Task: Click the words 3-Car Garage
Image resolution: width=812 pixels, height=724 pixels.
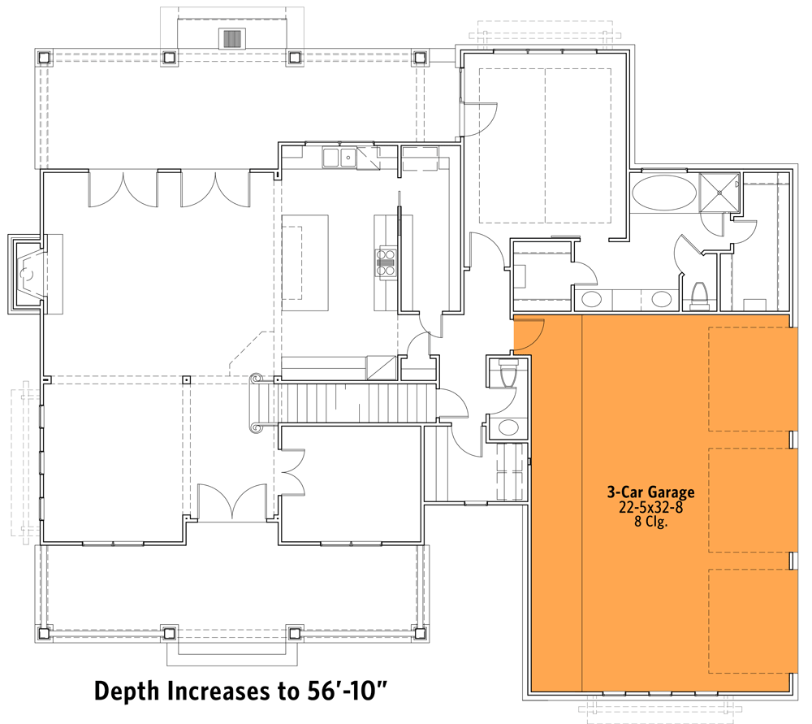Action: click(650, 492)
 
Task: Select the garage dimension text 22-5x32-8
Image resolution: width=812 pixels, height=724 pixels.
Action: click(650, 507)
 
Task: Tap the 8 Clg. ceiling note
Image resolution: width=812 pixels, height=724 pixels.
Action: click(650, 522)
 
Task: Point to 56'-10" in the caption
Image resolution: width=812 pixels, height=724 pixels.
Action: click(339, 691)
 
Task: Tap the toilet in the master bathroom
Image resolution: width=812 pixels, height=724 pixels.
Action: click(698, 297)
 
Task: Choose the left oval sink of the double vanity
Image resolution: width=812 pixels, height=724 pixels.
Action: click(592, 299)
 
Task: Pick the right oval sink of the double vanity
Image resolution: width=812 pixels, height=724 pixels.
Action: click(662, 299)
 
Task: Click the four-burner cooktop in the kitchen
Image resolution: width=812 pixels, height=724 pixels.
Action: click(386, 262)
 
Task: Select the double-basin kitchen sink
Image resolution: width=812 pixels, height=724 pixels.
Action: click(339, 158)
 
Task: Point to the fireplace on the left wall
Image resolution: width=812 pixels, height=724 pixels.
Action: click(29, 274)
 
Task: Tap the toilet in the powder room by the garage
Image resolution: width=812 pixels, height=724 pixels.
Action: click(508, 375)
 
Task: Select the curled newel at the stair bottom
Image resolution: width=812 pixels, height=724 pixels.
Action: click(257, 379)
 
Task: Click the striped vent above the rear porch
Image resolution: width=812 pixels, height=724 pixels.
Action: click(232, 39)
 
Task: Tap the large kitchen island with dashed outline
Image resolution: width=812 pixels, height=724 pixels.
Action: click(305, 262)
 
